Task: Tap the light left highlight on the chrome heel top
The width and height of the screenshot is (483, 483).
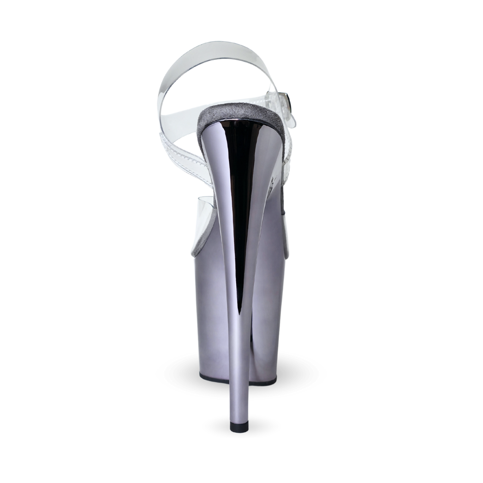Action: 215,155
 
